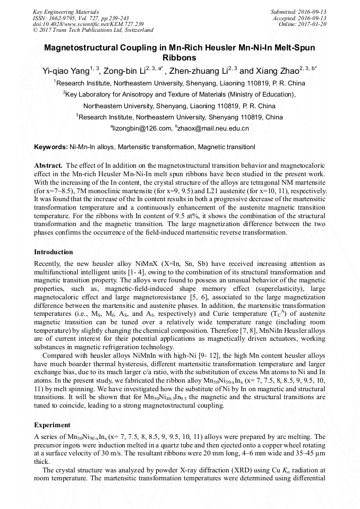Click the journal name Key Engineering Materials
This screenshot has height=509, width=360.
tap(65, 12)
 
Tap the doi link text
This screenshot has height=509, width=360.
tap(88, 24)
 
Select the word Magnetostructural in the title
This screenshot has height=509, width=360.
tap(79, 47)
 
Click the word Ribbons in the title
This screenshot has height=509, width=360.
tap(179, 57)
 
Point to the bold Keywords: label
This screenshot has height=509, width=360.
tap(51, 146)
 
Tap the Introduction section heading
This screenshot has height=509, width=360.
tap(54, 252)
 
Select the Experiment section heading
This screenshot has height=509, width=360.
tap(52, 425)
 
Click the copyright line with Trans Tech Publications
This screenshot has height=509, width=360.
tap(93, 31)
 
